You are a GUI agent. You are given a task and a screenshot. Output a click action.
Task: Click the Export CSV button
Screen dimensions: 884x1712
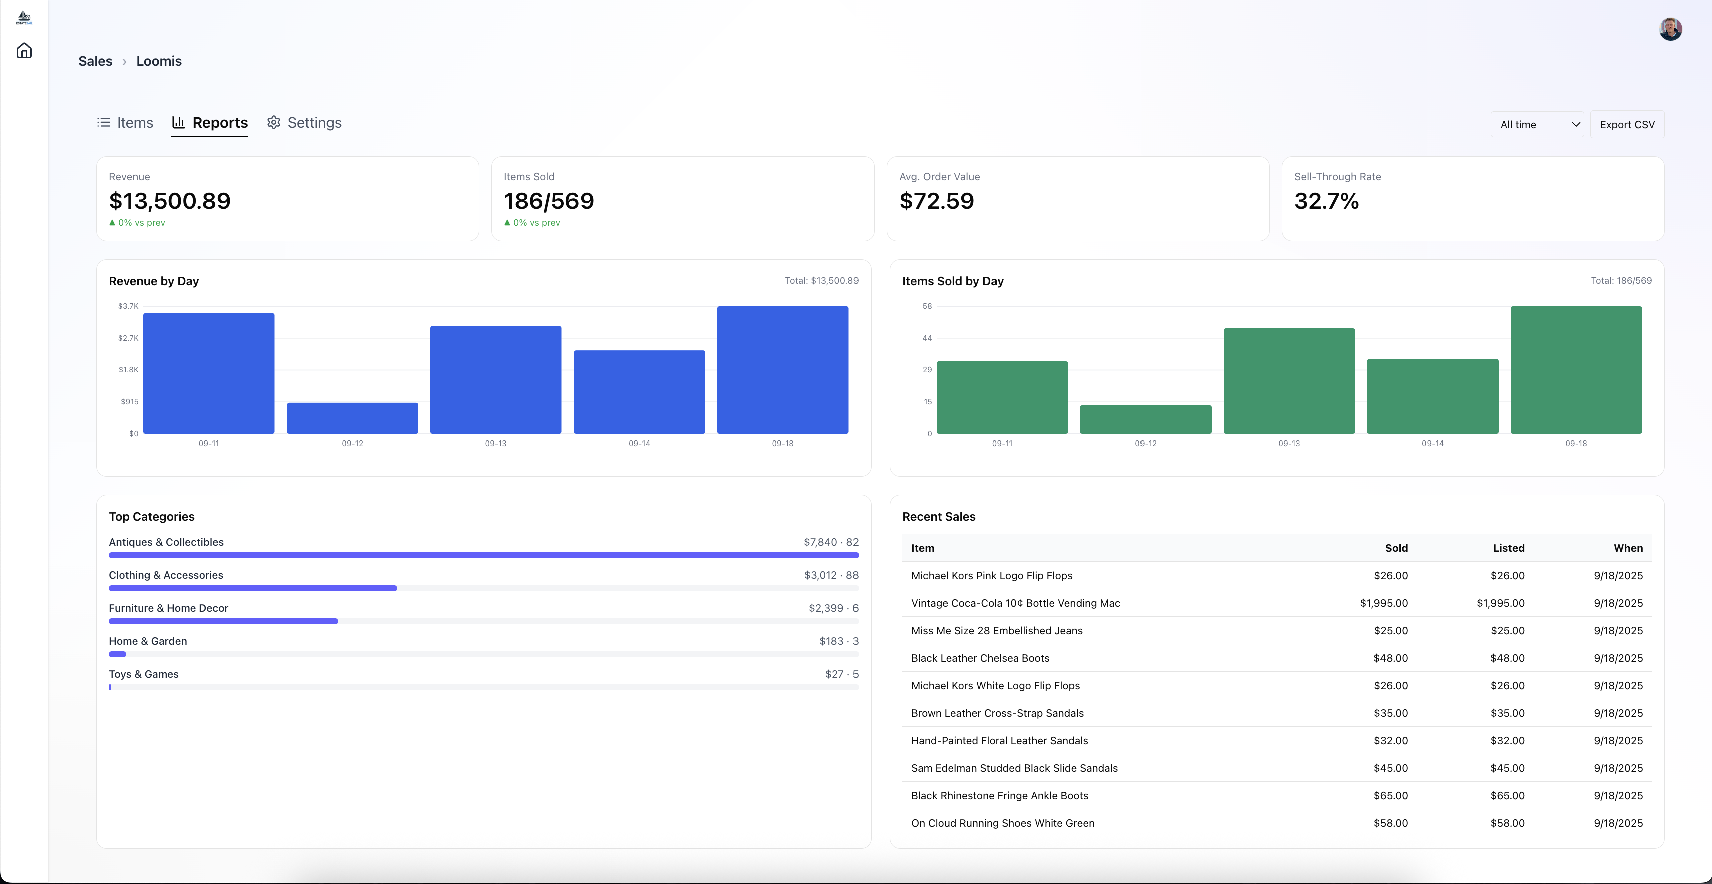(1626, 124)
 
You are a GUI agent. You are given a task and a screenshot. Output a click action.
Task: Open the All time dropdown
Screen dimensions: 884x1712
(1537, 124)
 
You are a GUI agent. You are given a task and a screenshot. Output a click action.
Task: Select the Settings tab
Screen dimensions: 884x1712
(305, 123)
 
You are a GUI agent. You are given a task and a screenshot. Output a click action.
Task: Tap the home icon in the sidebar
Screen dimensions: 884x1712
(24, 51)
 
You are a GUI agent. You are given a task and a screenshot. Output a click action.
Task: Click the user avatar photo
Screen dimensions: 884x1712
(1670, 29)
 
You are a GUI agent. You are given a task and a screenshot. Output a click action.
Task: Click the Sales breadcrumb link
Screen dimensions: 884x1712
(95, 61)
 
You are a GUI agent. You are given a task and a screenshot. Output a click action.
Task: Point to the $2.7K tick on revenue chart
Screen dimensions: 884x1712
(128, 338)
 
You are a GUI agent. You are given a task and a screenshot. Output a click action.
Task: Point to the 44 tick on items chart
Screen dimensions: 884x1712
(927, 338)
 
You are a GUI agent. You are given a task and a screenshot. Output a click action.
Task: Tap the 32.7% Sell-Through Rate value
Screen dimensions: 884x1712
(1326, 201)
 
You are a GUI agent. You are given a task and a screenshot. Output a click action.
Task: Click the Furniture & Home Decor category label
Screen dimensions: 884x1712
(168, 608)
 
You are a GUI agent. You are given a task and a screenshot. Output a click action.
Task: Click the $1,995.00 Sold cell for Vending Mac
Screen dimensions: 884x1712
(1384, 603)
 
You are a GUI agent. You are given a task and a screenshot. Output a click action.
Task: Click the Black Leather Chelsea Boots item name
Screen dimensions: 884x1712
(980, 658)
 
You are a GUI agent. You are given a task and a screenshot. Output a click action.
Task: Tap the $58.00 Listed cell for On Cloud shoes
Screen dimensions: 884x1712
(1507, 823)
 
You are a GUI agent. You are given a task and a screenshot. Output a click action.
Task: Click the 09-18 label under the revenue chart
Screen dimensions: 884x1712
(782, 443)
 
